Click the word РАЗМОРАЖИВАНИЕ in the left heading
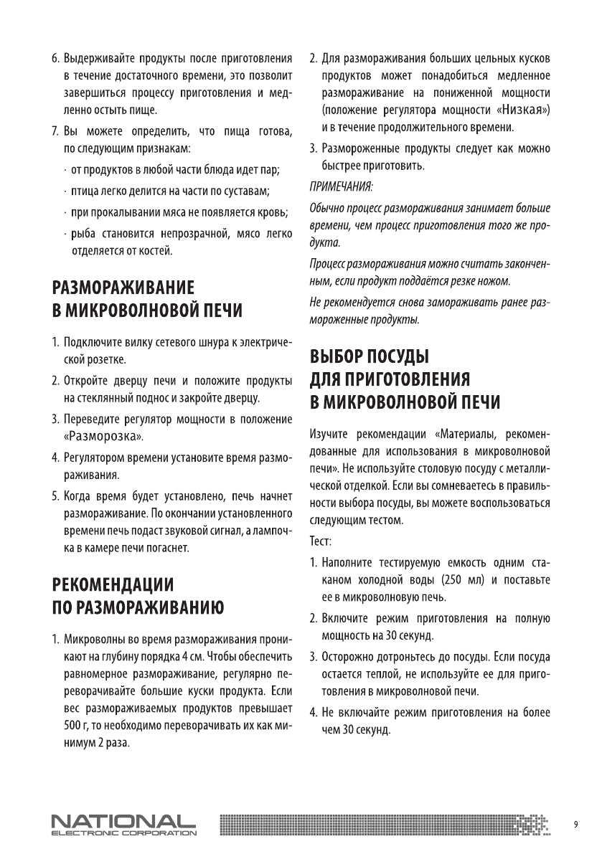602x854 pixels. coord(124,288)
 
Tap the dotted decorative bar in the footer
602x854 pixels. coord(387,825)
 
